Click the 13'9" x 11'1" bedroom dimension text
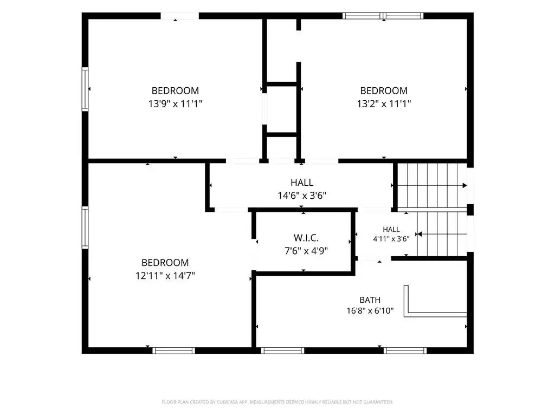coord(175,103)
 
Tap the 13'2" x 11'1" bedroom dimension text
coord(384,103)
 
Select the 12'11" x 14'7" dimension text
coord(165,276)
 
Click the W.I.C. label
coord(306,238)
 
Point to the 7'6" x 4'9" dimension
coord(306,251)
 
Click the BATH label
coord(370,300)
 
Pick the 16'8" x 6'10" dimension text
coord(370,310)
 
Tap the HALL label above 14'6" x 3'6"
coord(302,183)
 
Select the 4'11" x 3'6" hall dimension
coord(391,239)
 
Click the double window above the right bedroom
coord(383,16)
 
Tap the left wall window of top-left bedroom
coord(85,89)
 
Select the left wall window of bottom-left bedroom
coord(85,227)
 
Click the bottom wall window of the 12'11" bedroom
coord(174,350)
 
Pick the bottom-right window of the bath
coord(405,350)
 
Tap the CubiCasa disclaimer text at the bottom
coord(277,402)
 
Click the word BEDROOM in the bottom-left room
coord(165,263)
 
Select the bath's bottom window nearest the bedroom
coord(282,350)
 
